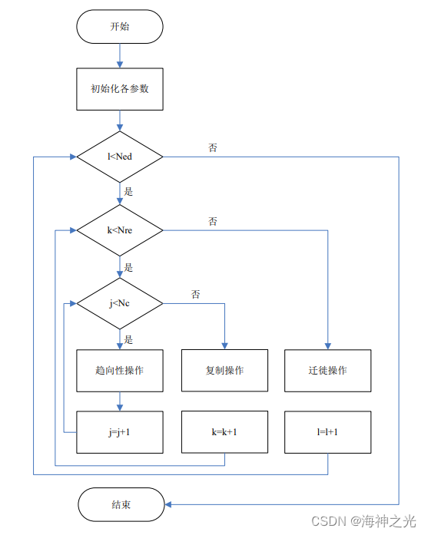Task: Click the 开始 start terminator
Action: [119, 27]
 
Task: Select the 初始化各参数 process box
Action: [119, 88]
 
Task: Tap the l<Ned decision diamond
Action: [119, 157]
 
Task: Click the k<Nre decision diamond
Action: [119, 230]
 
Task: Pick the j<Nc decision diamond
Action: [119, 303]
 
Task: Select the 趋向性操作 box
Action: [119, 370]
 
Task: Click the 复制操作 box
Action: [224, 370]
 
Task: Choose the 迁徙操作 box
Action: [328, 370]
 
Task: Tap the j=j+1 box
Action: [119, 432]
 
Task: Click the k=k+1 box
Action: [224, 432]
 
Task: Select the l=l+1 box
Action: [328, 432]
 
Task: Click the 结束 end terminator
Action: [119, 504]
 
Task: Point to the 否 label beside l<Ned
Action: [213, 147]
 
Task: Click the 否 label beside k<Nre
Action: [213, 221]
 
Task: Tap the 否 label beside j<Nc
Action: [197, 294]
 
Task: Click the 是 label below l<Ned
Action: [128, 191]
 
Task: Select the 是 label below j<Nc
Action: [128, 339]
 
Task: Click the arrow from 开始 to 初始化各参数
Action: [119, 55]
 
